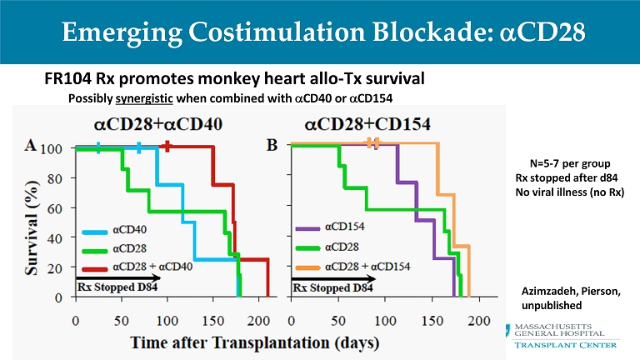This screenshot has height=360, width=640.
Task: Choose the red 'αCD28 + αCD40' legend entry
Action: click(141, 266)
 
